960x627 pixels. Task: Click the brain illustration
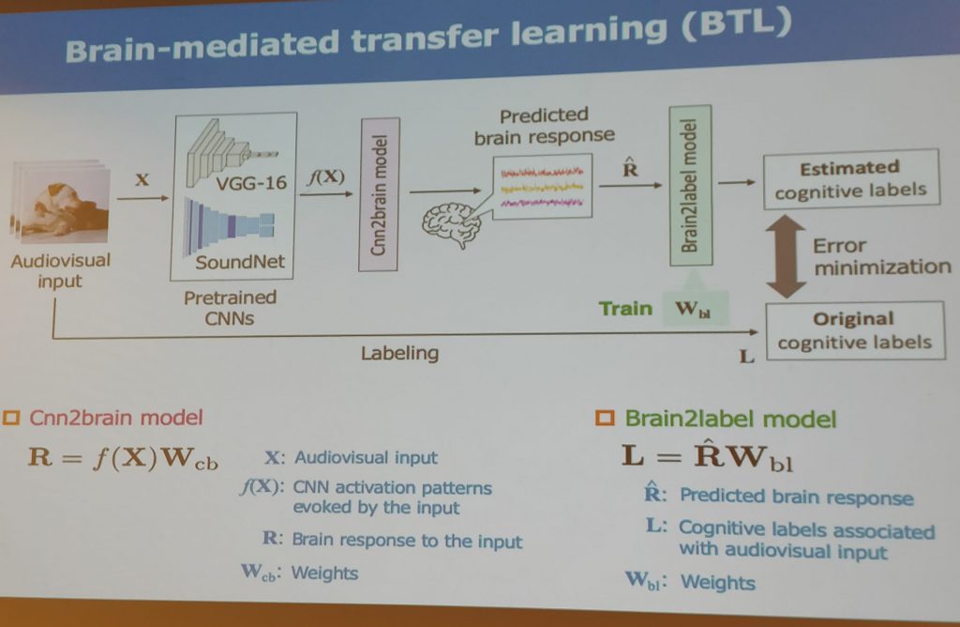[451, 224]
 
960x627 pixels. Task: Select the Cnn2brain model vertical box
[380, 194]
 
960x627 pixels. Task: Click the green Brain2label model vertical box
[691, 186]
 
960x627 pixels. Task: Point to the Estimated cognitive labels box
[851, 179]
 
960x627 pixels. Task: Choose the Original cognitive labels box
[855, 330]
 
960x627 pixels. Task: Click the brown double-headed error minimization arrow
[786, 256]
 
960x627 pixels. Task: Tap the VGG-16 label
[251, 183]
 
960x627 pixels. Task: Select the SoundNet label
[240, 262]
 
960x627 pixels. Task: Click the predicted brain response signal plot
[543, 187]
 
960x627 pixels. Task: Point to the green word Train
[625, 308]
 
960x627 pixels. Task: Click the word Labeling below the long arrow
[399, 353]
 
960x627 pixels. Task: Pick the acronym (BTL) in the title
[737, 24]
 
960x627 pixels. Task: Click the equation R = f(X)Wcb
[123, 457]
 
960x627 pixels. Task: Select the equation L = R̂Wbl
[707, 456]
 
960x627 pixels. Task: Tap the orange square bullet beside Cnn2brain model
[11, 418]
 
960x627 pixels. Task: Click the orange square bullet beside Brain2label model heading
[605, 419]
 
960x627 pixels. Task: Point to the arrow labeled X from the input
[142, 197]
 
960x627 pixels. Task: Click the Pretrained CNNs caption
[231, 308]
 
